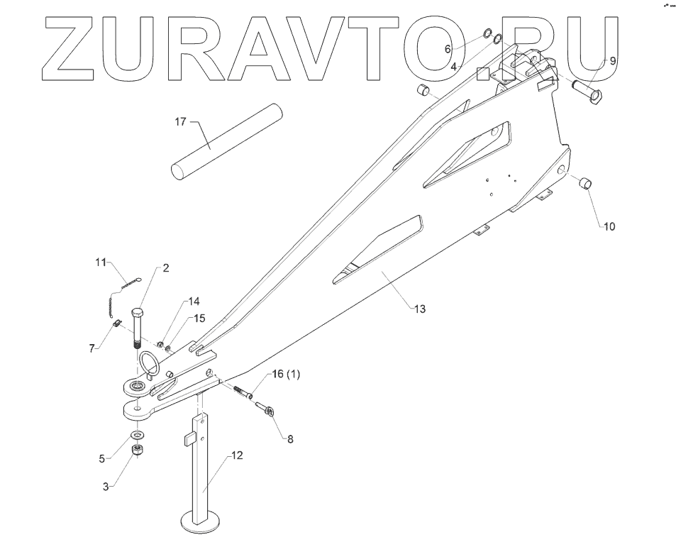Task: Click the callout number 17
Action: coord(180,122)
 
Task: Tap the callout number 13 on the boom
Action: coord(420,309)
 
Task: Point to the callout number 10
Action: coord(609,227)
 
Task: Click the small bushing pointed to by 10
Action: coord(586,184)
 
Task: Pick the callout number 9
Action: coord(612,61)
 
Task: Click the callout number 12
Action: coord(237,455)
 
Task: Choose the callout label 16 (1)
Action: coord(286,375)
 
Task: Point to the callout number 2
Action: coord(165,268)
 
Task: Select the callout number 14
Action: coord(194,301)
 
